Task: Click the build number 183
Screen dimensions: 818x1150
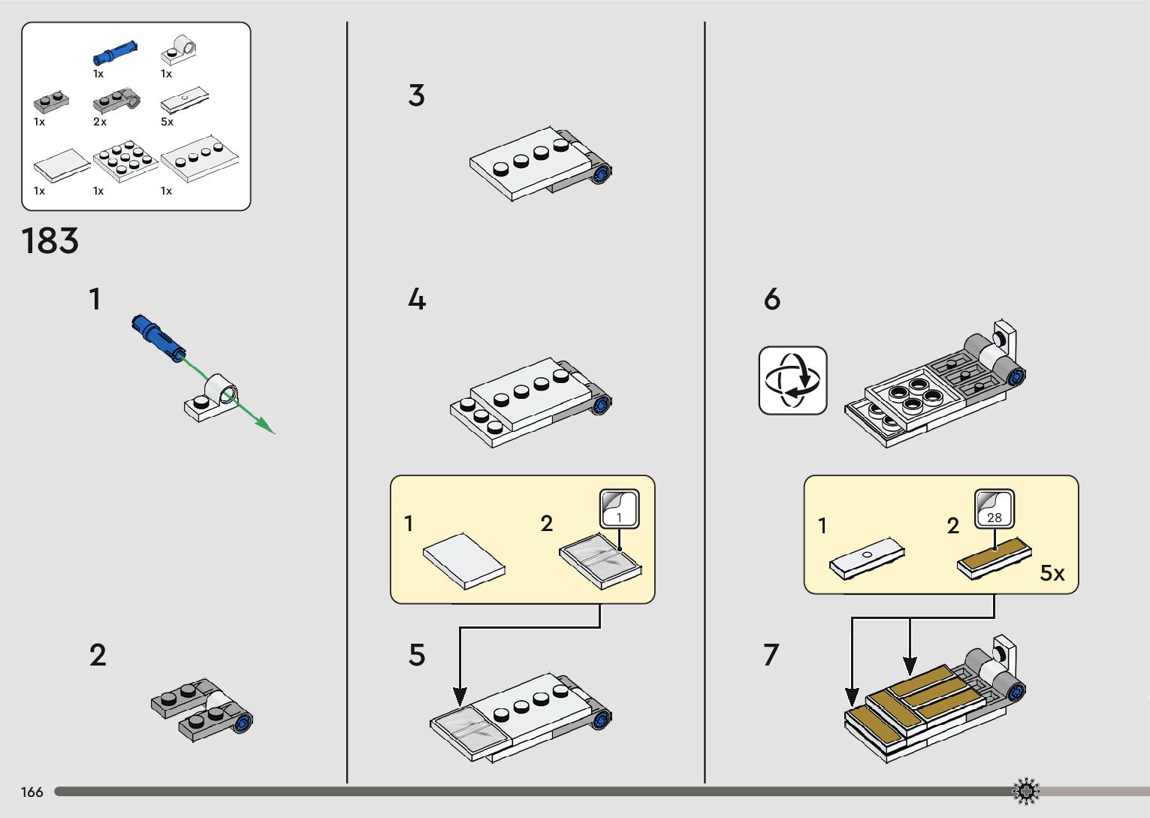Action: [50, 241]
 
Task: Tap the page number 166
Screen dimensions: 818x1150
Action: [32, 792]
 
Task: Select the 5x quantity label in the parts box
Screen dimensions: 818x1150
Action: [167, 122]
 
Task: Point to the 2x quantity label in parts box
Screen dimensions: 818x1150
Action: [100, 122]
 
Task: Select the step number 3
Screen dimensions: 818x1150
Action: [416, 95]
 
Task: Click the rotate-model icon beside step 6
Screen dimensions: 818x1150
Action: [792, 380]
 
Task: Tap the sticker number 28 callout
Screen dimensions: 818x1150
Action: [995, 509]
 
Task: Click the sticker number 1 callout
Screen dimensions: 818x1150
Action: [620, 509]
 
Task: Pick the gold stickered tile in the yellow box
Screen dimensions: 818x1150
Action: [994, 558]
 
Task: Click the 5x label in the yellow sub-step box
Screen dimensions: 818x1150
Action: [1052, 573]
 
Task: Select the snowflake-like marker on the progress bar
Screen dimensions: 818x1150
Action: [1025, 791]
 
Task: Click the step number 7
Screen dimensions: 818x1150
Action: [771, 655]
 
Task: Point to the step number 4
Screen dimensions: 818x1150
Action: [417, 300]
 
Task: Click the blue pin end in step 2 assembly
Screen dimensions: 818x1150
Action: [243, 723]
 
